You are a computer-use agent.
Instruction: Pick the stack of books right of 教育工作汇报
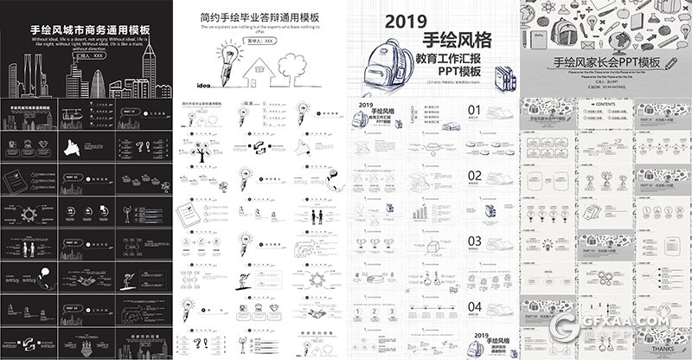click(x=500, y=74)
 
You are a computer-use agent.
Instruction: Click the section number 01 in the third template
click(x=474, y=110)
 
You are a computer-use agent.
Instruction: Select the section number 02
click(x=474, y=176)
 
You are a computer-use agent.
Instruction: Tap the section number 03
click(x=474, y=241)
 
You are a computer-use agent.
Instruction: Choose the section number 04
click(x=474, y=306)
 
